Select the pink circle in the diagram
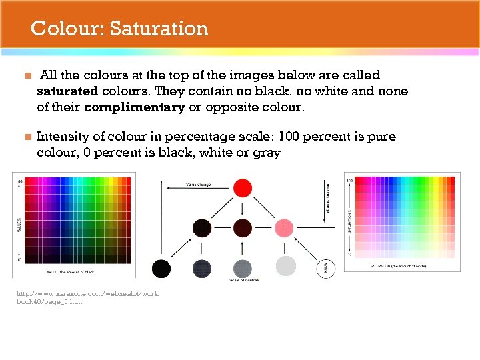tap(284, 228)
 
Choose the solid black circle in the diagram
tap(161, 269)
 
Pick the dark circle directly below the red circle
tap(243, 228)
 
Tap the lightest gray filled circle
tap(285, 267)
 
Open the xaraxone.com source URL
tap(87, 297)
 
